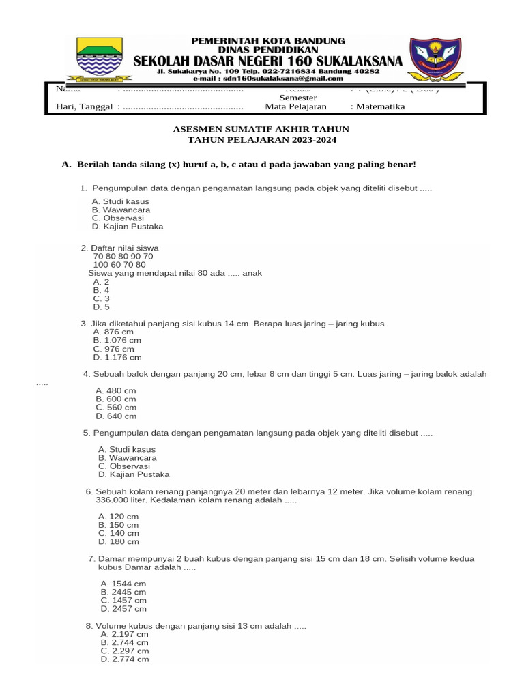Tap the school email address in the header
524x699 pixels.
coord(287,79)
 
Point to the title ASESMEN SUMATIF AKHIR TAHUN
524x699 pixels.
coord(262,128)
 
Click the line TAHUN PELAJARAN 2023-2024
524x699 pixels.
coord(262,140)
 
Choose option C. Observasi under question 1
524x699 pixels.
coord(113,218)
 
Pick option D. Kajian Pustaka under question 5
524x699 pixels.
coord(134,474)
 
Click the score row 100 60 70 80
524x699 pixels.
coord(119,265)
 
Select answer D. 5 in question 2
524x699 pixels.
coord(102,306)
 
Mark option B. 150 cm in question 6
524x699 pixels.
coord(118,525)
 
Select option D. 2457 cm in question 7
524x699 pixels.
coord(123,608)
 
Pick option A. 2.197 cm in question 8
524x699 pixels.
coord(124,634)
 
